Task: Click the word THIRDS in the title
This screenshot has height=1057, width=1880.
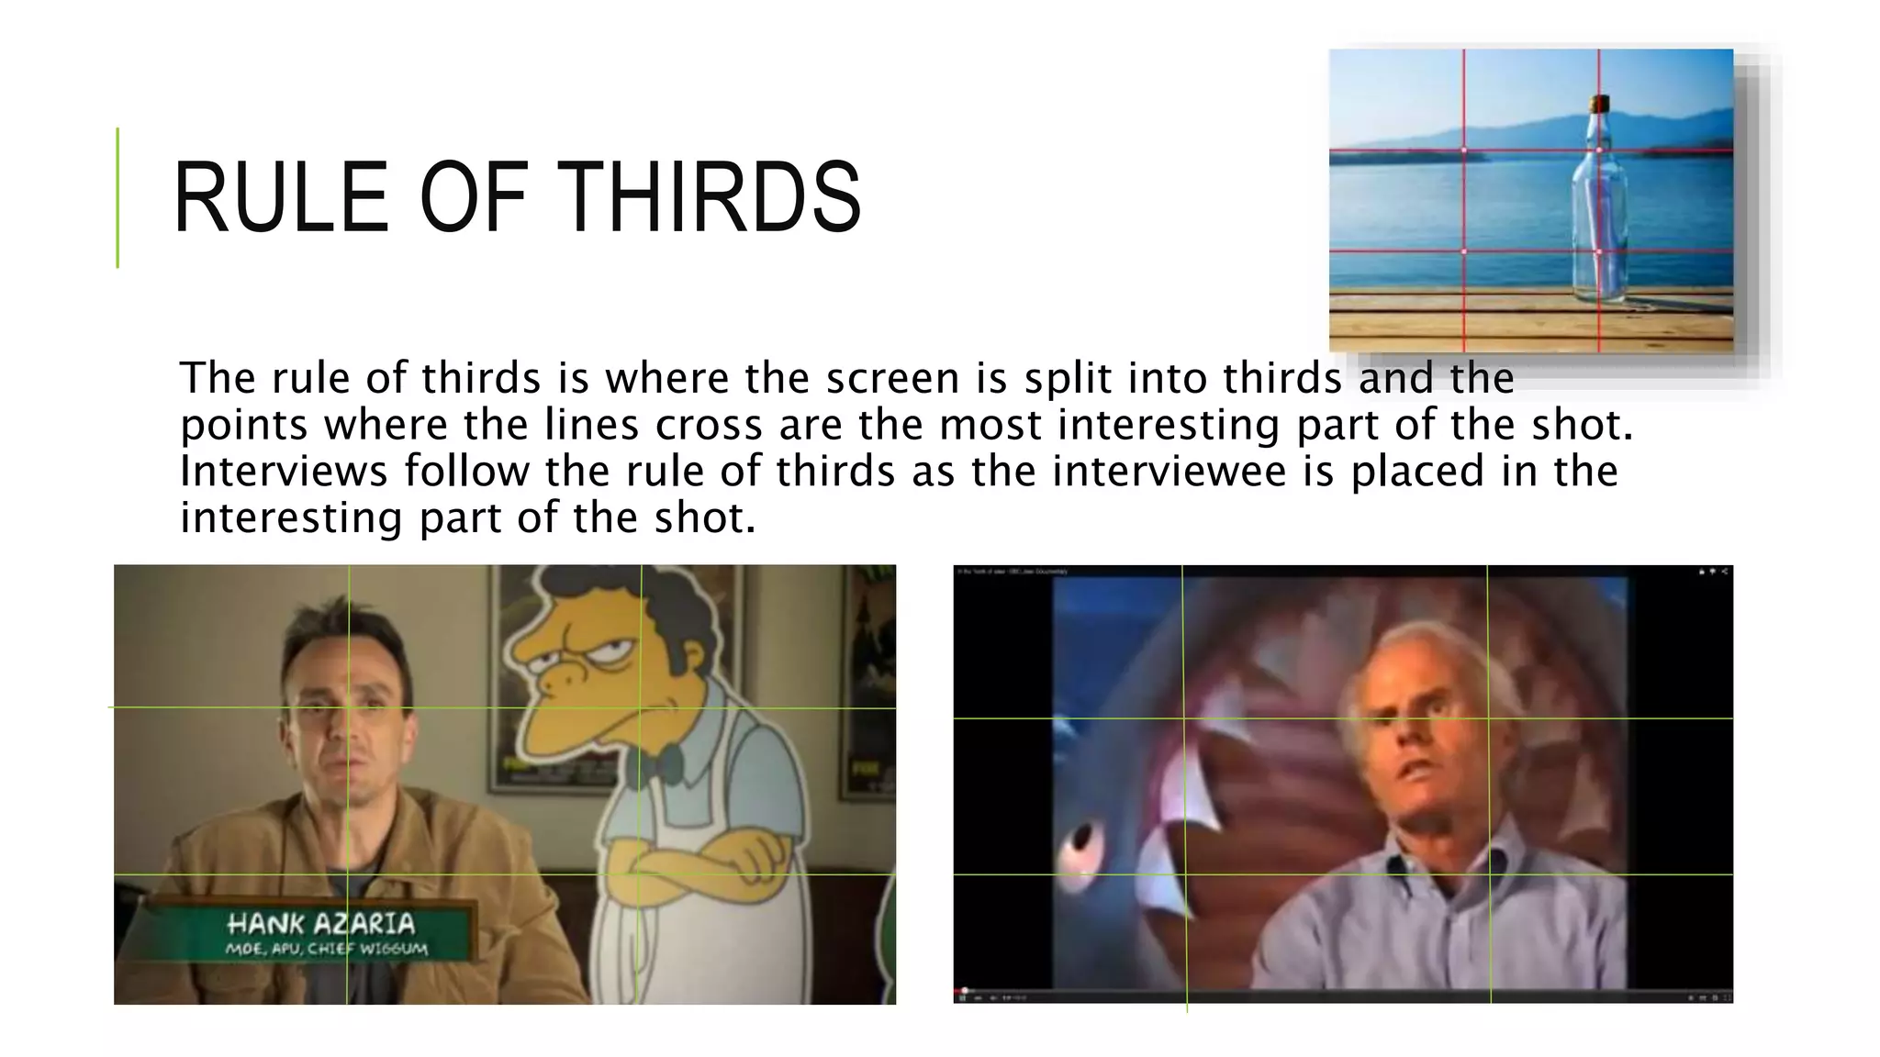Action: coord(709,198)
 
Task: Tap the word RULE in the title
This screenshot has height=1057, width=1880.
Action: coord(281,198)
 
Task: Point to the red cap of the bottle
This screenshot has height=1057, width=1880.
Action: coord(1600,102)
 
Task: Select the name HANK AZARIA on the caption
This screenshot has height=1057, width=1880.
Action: coord(320,923)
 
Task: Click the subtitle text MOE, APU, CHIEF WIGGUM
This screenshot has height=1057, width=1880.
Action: coord(326,948)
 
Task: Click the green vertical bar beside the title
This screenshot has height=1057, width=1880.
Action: coord(117,197)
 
